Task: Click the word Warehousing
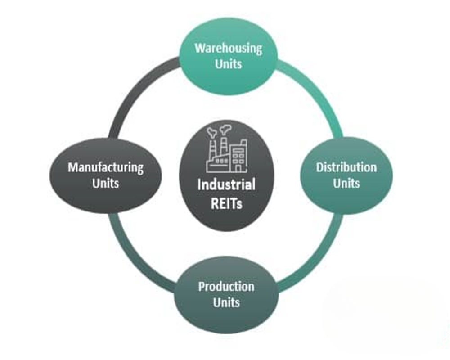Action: click(228, 48)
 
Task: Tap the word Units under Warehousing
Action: click(228, 64)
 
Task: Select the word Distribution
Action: click(346, 167)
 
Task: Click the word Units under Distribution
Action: click(346, 183)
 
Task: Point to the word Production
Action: click(226, 286)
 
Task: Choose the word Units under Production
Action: click(226, 302)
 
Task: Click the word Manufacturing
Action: click(106, 167)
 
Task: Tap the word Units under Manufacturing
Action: click(106, 183)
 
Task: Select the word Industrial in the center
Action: click(226, 184)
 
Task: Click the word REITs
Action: click(226, 203)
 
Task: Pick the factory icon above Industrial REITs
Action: click(226, 151)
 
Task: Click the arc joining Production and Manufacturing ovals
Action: click(135, 261)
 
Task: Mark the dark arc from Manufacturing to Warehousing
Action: click(135, 90)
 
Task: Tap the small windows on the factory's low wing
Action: click(220, 160)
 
